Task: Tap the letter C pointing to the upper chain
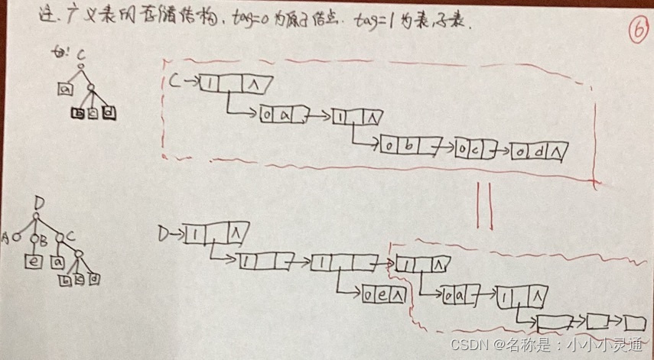pos(173,79)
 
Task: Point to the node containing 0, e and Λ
pos(382,292)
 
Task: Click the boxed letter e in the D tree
pos(35,261)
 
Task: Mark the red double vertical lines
pos(485,204)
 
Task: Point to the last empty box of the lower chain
pos(634,322)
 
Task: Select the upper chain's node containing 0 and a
pos(280,115)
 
